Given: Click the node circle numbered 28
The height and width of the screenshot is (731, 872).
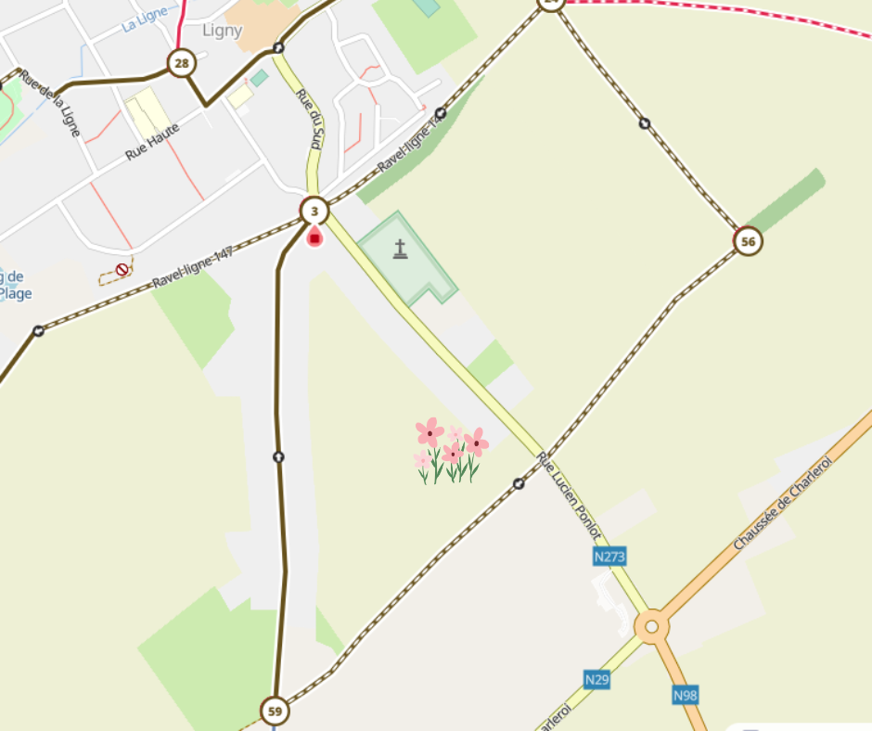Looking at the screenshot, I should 181,63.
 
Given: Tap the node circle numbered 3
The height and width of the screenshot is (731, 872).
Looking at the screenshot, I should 314,212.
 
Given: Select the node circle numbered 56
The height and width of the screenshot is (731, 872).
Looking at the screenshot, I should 748,242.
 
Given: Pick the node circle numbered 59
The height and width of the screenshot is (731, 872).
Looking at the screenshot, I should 275,712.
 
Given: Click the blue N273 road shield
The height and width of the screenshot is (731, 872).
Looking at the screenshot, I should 609,557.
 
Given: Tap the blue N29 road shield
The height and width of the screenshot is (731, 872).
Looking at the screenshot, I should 597,680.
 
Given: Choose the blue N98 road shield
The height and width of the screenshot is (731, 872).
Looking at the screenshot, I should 686,694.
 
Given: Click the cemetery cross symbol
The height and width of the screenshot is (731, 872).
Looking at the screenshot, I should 400,249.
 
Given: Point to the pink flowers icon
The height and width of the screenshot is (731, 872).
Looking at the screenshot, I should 451,451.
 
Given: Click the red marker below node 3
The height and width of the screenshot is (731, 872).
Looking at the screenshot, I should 314,237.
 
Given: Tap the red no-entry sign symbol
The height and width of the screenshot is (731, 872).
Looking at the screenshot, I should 122,270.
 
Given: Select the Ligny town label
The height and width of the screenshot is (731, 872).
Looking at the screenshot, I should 222,31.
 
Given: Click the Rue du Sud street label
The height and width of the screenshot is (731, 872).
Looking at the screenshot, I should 310,120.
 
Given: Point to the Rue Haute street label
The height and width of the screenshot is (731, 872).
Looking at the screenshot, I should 152,141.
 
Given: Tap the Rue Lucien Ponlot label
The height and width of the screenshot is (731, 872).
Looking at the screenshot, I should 570,498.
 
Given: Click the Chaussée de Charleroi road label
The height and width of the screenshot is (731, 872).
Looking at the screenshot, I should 783,502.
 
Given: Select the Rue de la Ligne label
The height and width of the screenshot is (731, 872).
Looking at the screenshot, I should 51,103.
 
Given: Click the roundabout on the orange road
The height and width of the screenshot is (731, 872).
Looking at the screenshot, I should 651,627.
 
